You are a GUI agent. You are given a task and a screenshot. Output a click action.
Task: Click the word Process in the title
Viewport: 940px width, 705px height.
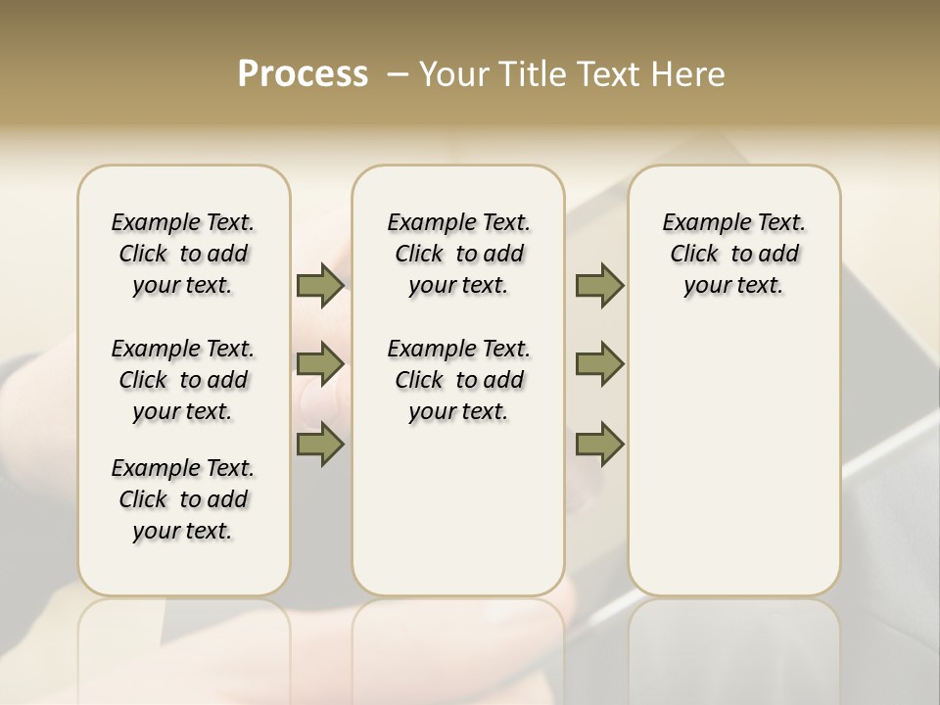(x=303, y=74)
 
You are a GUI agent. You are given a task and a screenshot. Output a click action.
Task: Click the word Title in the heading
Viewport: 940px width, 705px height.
(x=529, y=74)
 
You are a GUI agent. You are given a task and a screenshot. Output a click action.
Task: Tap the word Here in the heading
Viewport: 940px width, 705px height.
(x=689, y=74)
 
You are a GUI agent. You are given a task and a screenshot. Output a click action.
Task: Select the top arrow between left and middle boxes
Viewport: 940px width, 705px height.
(x=320, y=286)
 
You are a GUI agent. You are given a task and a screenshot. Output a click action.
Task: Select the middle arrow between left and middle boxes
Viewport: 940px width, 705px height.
(x=320, y=365)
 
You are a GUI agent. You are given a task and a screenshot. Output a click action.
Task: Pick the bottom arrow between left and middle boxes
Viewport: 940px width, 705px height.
(x=320, y=445)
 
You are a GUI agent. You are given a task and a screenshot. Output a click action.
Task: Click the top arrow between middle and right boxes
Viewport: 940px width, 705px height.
(x=599, y=286)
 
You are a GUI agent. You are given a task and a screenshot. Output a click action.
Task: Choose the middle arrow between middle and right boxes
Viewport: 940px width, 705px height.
(x=599, y=365)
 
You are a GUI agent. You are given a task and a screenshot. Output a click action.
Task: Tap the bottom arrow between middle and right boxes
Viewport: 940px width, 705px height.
(x=599, y=445)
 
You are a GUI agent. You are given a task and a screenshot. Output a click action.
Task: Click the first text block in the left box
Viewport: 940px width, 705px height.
(x=183, y=254)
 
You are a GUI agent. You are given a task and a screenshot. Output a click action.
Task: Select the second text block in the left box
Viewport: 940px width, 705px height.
(x=183, y=380)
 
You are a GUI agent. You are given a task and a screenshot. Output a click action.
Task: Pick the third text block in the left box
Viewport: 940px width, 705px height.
(x=183, y=499)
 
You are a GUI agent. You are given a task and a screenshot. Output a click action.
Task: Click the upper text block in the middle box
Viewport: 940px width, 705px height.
(x=458, y=254)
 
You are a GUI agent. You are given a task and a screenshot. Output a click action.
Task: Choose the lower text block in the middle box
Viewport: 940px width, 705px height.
(x=458, y=380)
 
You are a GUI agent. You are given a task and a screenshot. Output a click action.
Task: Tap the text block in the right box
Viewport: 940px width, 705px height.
(x=733, y=254)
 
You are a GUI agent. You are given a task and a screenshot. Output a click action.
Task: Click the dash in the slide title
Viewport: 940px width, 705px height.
(x=398, y=74)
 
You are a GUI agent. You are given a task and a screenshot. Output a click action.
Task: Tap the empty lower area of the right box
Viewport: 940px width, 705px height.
(x=733, y=470)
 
